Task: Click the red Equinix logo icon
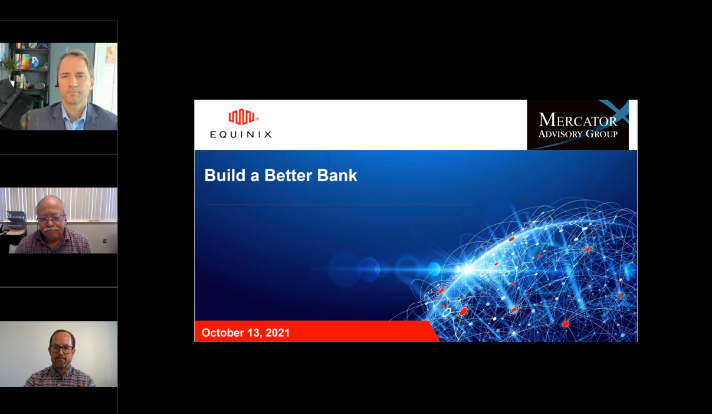pos(241,117)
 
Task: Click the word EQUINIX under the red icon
pos(241,134)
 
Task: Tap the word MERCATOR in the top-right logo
pos(578,120)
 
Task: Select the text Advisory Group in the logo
pos(578,134)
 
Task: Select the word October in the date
pos(223,333)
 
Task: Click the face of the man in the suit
pos(74,77)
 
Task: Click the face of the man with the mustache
pos(51,218)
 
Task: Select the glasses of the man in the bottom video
pos(61,349)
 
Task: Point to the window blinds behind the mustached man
pos(88,203)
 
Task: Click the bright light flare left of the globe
pos(466,270)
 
